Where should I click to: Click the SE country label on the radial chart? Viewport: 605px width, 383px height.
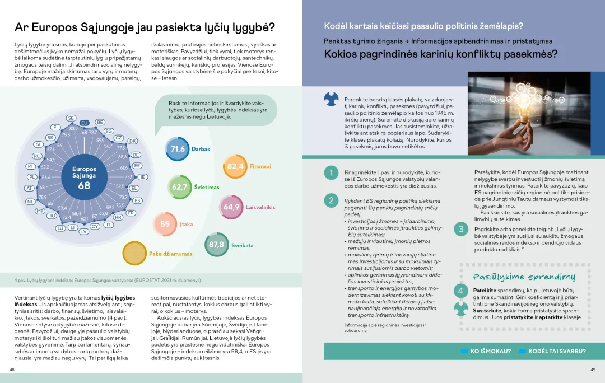(71, 118)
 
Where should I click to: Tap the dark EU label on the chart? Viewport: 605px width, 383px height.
(85, 123)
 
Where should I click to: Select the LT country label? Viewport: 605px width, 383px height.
(73, 227)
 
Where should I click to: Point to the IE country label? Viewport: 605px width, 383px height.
(143, 177)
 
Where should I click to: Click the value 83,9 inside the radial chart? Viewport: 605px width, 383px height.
(73, 129)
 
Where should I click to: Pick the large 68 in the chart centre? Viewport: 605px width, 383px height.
(84, 185)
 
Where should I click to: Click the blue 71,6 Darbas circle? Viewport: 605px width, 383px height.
(178, 149)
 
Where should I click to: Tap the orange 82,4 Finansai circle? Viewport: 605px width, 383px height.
(235, 166)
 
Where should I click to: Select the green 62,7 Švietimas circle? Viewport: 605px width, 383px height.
(180, 187)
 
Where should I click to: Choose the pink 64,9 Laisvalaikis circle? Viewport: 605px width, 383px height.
(231, 207)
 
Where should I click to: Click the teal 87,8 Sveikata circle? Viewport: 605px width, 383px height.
(216, 245)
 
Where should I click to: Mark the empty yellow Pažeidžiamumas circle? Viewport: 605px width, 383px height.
(134, 254)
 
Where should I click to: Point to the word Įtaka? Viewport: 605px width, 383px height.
(187, 224)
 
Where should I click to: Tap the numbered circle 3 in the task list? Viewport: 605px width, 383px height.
(461, 229)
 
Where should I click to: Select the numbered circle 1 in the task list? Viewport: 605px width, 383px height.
(331, 173)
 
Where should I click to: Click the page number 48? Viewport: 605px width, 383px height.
(12, 370)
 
